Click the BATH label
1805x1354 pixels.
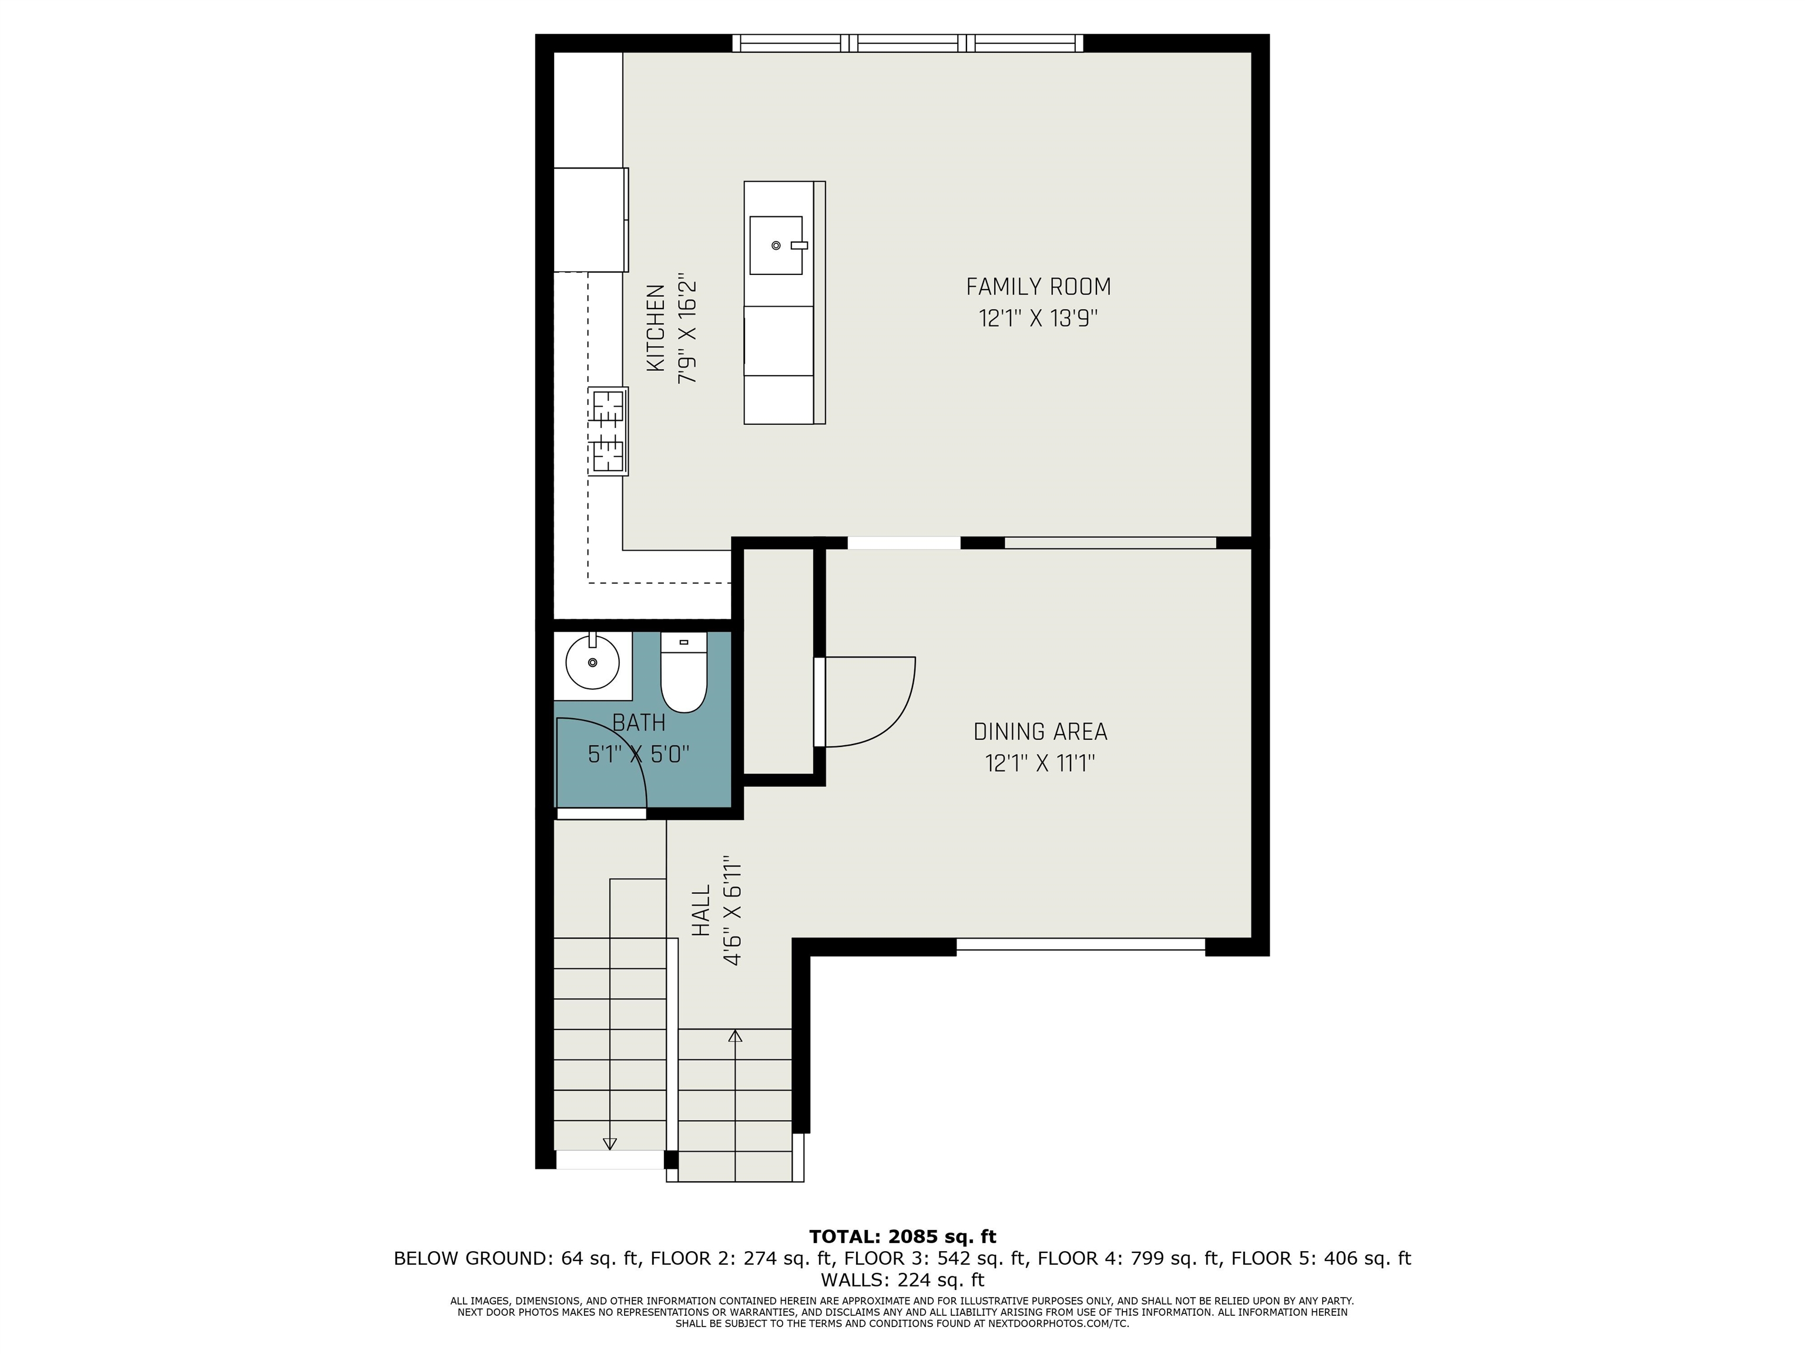(x=639, y=723)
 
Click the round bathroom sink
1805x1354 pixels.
(x=592, y=663)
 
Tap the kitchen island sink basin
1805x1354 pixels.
(x=776, y=245)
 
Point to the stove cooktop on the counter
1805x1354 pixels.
(x=608, y=431)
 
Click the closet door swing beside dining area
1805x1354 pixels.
(x=869, y=702)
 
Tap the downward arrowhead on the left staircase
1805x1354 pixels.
(x=609, y=1144)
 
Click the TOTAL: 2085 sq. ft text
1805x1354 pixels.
(x=902, y=1236)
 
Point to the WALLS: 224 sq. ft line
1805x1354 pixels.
(x=902, y=1280)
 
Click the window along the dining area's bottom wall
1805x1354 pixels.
(x=1081, y=944)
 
